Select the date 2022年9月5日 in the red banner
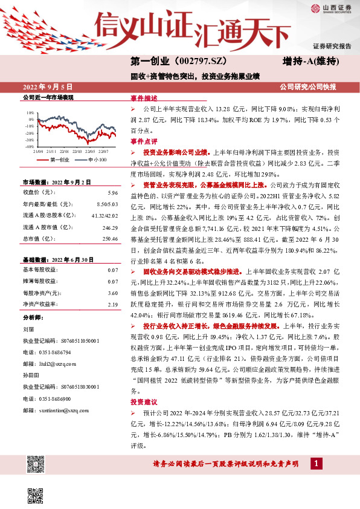[x=51, y=87]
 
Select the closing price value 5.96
[x=112, y=192]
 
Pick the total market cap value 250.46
[x=109, y=239]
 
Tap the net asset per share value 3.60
[x=112, y=293]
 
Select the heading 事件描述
[x=143, y=98]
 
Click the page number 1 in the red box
[x=316, y=463]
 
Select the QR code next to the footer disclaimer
[x=34, y=464]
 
